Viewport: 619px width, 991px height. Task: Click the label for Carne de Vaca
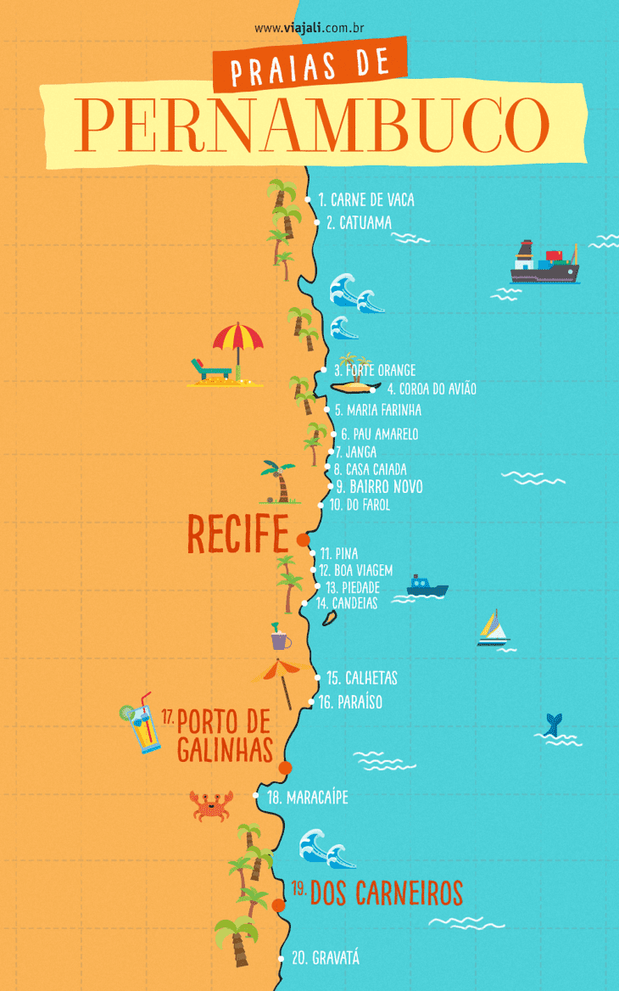pos(366,200)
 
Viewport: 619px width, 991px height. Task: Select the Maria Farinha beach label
pos(377,410)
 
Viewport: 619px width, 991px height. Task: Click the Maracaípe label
pos(307,798)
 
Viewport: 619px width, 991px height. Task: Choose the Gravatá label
pos(325,958)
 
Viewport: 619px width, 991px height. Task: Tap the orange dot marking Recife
pos(303,540)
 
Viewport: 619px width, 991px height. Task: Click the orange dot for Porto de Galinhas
pos(285,768)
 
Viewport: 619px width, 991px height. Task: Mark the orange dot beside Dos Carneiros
pos(278,905)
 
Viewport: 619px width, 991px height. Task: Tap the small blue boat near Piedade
pos(427,585)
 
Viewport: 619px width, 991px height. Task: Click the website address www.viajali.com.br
pos(309,28)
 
